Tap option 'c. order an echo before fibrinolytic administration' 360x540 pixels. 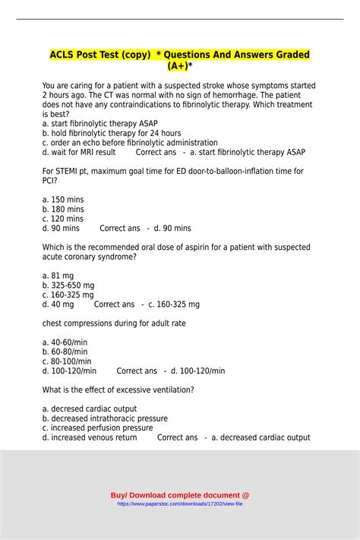129,143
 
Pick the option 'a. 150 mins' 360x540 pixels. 63,199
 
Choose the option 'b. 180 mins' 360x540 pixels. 63,209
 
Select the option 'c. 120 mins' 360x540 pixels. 63,219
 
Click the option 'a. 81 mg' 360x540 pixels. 58,276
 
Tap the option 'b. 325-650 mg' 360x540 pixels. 68,286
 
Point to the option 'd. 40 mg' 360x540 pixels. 58,304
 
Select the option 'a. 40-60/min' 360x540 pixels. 65,342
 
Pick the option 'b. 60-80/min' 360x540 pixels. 65,352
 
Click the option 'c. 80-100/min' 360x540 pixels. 67,362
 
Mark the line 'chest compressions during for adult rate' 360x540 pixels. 114,323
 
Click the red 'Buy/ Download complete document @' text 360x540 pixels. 179,495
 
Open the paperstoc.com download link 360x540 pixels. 179,504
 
